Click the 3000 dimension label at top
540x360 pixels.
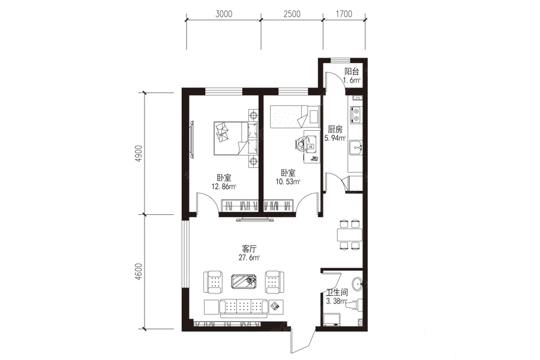click(x=224, y=14)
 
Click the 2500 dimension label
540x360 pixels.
click(x=292, y=14)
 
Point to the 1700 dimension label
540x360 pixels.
click(x=344, y=14)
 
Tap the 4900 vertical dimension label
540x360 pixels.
click(x=139, y=154)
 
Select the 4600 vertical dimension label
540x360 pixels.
click(x=139, y=271)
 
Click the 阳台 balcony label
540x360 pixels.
click(x=352, y=71)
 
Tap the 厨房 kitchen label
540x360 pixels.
click(x=335, y=130)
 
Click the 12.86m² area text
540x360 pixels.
click(x=224, y=187)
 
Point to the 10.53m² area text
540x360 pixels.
click(x=288, y=182)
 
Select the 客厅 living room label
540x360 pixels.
click(x=249, y=249)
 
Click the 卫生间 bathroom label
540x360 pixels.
click(x=337, y=292)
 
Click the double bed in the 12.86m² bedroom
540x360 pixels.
click(x=236, y=138)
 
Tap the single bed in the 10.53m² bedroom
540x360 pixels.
click(x=289, y=117)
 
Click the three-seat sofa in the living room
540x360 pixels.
click(x=244, y=308)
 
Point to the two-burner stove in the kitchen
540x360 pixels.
click(x=355, y=115)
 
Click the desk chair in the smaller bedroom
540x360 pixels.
click(x=301, y=143)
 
